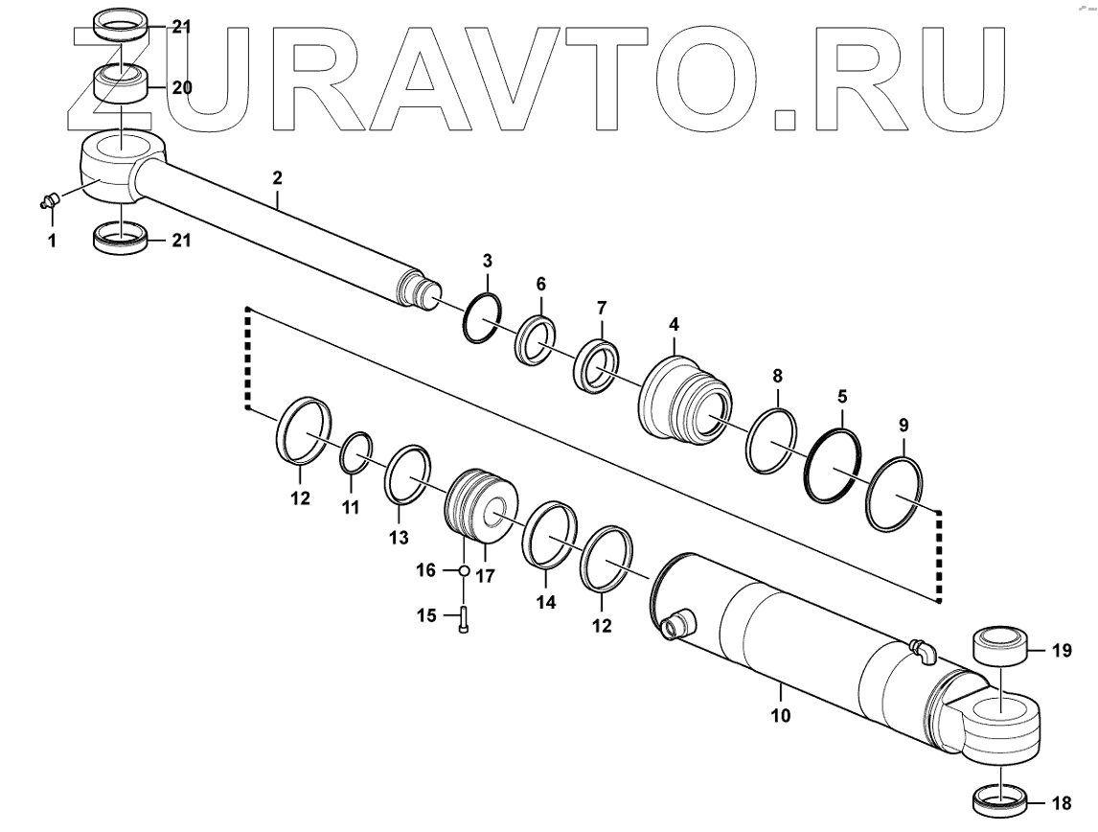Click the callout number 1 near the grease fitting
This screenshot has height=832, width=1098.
52,242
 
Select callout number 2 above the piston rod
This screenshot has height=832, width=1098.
277,177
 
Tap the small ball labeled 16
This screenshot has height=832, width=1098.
462,570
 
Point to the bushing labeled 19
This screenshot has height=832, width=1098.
999,649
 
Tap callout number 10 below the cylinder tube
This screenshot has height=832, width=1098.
781,714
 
